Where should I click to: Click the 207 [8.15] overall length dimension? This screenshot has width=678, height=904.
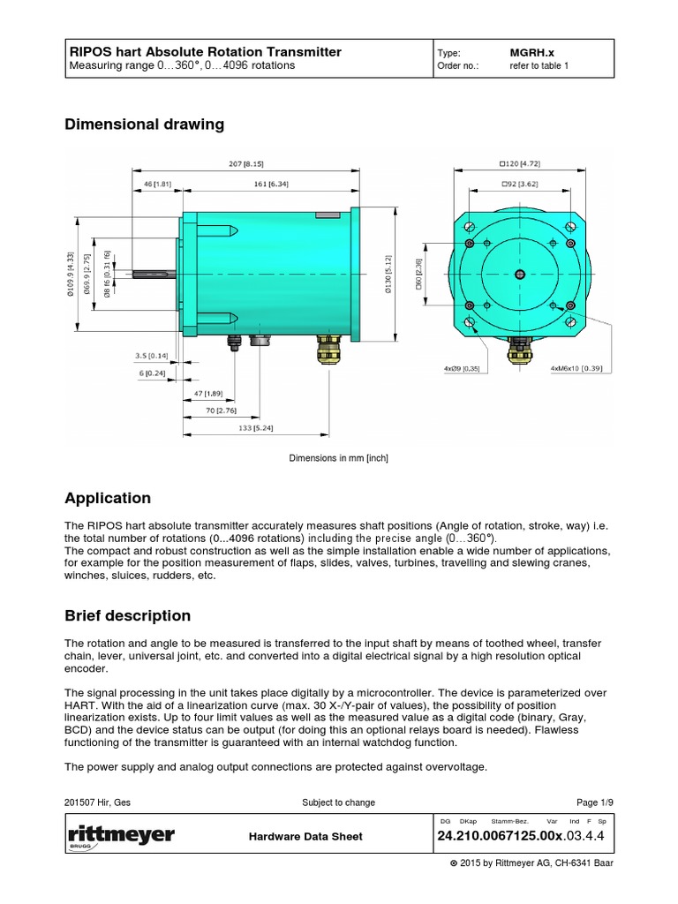click(245, 163)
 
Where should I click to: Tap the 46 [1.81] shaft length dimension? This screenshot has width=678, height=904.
click(155, 185)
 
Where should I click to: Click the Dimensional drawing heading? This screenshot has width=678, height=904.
click(145, 124)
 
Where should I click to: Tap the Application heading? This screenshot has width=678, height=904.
click(108, 498)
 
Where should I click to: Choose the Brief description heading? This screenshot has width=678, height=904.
click(128, 615)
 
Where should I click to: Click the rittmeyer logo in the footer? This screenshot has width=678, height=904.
click(120, 836)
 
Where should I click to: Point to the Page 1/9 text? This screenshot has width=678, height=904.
click(594, 802)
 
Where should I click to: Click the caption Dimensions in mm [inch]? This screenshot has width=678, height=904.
click(339, 458)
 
